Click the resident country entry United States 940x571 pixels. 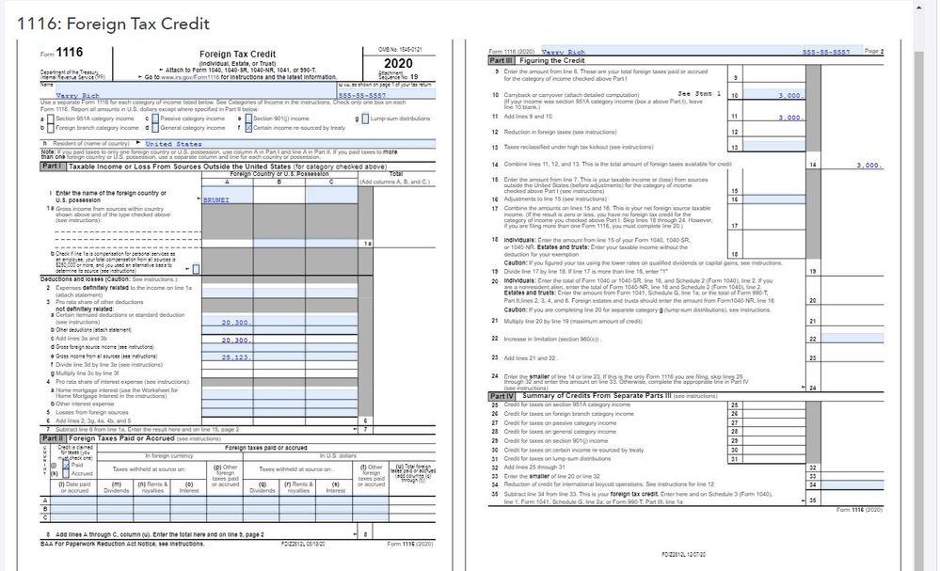click(x=173, y=144)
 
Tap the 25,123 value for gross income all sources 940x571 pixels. click(x=233, y=357)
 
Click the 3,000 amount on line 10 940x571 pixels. click(x=789, y=96)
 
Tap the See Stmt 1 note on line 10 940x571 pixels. click(x=698, y=94)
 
